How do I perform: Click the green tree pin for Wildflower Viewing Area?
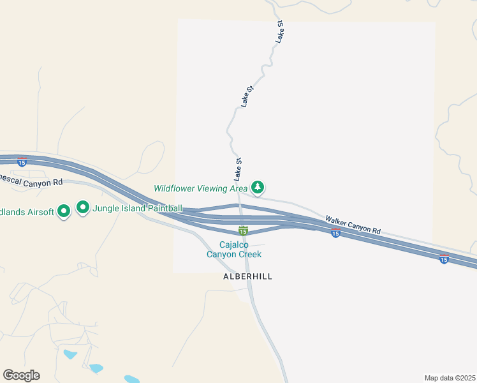258,187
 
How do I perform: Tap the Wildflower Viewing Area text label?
200,188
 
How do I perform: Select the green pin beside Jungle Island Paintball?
83,207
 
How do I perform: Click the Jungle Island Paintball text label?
138,208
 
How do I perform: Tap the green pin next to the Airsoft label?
64,211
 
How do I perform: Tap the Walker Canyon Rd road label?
353,225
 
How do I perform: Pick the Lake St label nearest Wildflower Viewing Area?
238,168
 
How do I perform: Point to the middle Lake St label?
247,95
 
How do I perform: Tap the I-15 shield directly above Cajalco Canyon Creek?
243,230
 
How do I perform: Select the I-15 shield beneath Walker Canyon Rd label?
335,234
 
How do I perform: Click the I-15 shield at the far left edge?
22,163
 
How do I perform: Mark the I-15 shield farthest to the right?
444,259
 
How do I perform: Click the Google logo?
21,375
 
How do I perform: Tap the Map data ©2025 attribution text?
450,377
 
